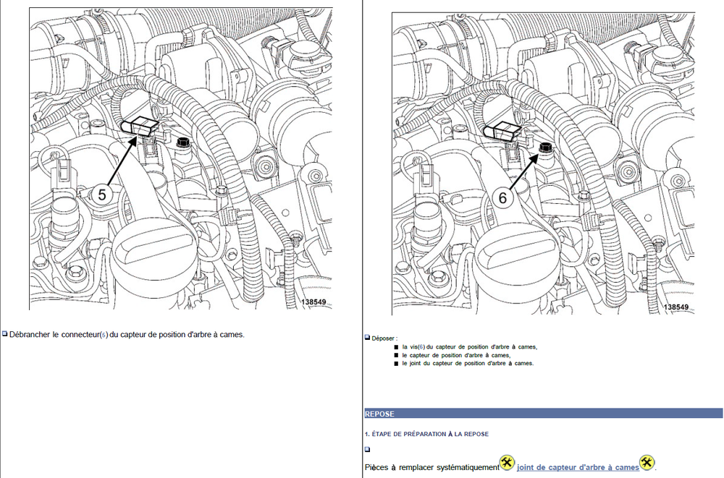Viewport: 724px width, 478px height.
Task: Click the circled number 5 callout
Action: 102,195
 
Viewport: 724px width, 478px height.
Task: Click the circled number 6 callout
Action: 502,197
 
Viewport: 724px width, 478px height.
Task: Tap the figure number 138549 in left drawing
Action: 313,302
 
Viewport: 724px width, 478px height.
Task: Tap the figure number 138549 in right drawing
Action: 676,307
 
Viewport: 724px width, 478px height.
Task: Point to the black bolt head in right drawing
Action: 545,148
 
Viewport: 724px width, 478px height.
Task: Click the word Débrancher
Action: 30,335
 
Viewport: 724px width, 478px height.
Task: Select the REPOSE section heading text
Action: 379,414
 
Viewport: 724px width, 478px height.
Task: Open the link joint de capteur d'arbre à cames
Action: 578,467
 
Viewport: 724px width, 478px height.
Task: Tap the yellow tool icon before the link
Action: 508,463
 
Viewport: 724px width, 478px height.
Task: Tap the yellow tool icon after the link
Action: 647,463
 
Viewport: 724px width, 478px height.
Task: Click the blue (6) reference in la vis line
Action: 421,347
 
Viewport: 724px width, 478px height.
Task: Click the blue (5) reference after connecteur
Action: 104,335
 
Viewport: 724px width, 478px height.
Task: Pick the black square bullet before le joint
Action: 396,364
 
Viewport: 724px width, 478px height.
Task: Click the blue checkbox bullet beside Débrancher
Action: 4,333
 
